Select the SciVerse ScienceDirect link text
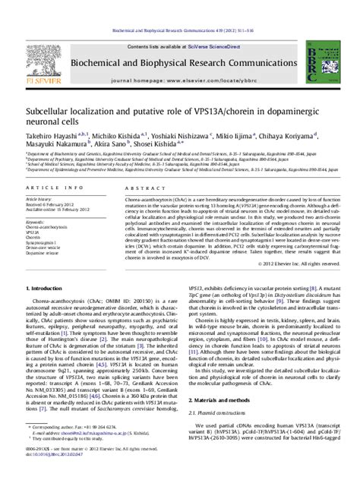click(x=203, y=26)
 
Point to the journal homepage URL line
click(x=180, y=58)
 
